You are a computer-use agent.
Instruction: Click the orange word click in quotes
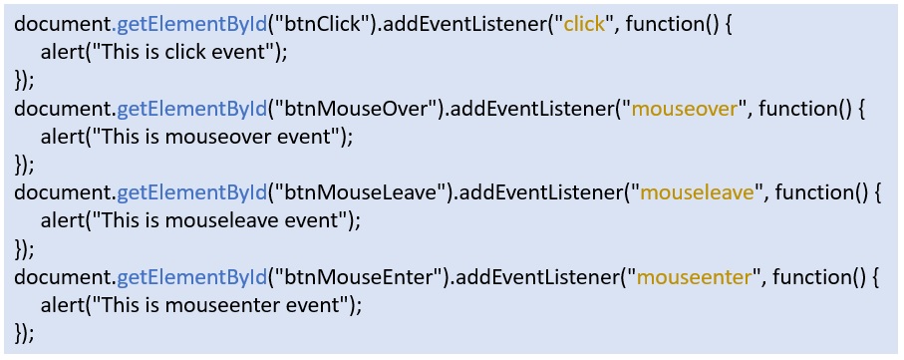pyautogui.click(x=584, y=24)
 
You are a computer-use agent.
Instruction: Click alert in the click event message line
pyautogui.click(x=64, y=52)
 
